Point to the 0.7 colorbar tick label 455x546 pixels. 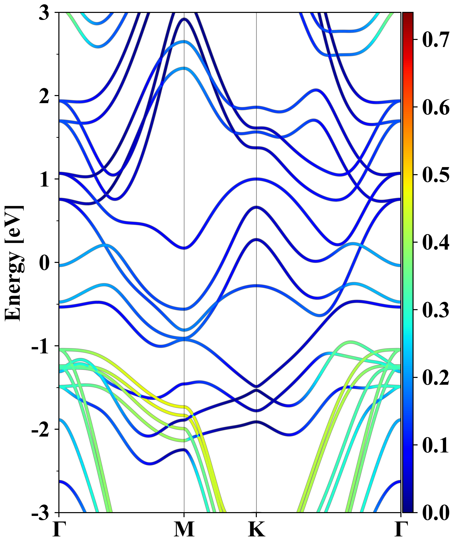(436, 39)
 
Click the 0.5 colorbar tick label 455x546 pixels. (436, 175)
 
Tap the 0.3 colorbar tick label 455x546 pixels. (436, 310)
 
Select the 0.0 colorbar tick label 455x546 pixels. (436, 513)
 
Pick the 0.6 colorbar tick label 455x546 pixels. (436, 107)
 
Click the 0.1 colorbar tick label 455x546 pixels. (436, 445)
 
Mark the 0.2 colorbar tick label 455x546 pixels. (436, 377)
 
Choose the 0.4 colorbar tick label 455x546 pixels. (436, 242)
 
